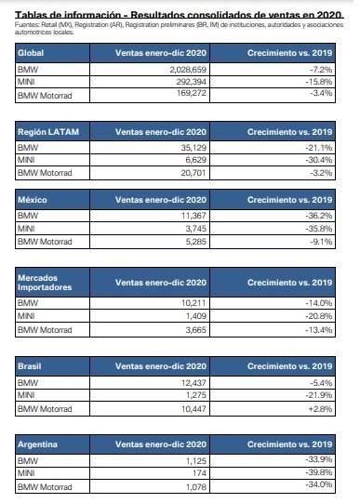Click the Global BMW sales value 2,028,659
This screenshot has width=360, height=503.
204,70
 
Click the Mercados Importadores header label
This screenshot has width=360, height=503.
47,282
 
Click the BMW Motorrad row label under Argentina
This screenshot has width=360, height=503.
45,485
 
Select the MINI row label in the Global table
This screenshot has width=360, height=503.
28,82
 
